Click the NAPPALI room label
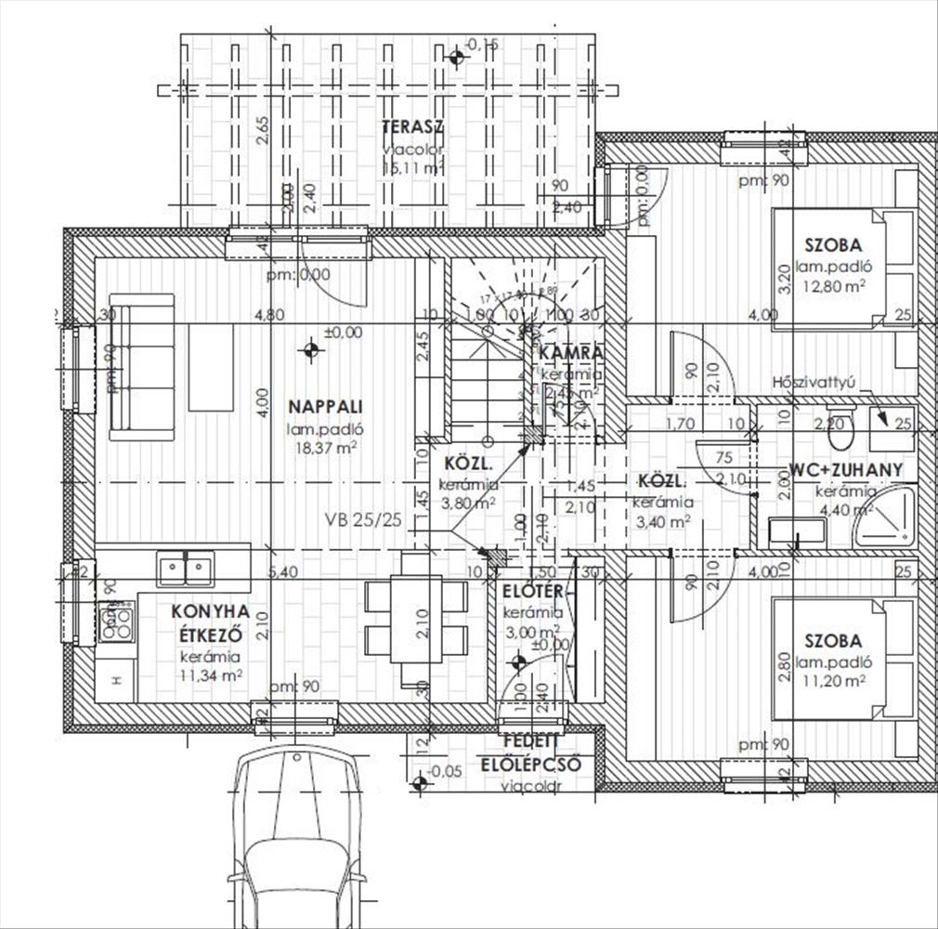324,406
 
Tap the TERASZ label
412,128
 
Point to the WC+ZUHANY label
845,470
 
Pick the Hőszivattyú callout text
814,382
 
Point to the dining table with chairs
415,619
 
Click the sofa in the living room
142,366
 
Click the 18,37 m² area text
324,448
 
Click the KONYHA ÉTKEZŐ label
210,623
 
